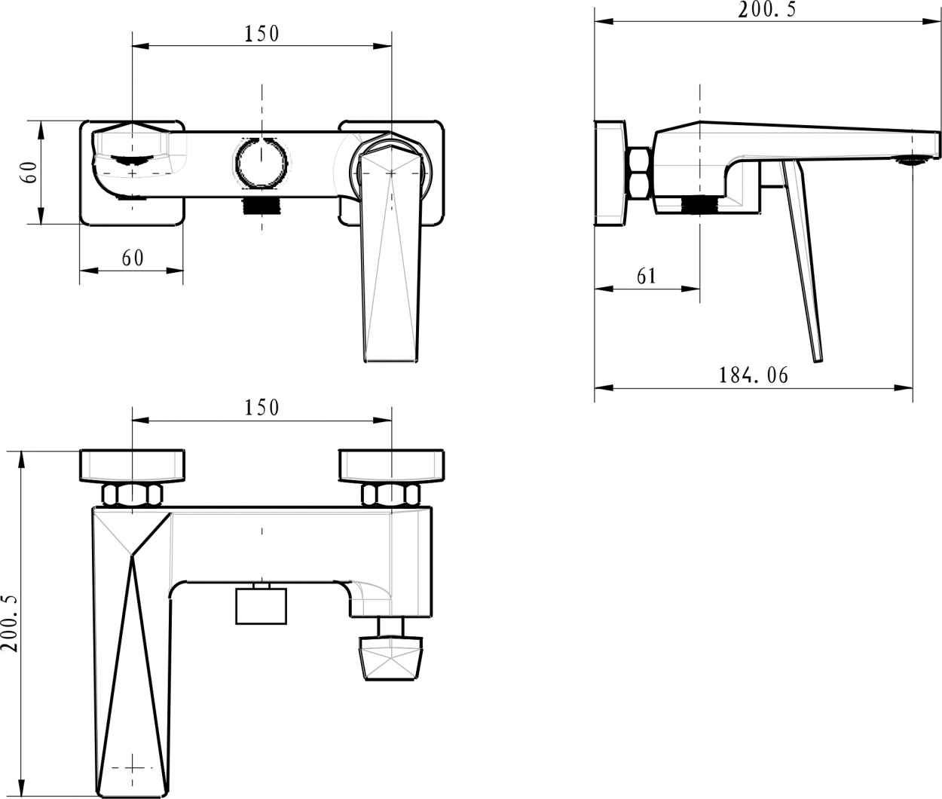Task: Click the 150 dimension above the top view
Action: [261, 34]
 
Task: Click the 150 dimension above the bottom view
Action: [261, 408]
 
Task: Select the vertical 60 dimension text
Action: [30, 173]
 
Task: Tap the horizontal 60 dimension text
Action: [133, 258]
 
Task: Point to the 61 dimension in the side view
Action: [647, 276]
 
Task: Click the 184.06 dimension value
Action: [753, 375]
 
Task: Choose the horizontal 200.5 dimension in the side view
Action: [766, 10]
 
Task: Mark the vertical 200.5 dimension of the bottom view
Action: [10, 624]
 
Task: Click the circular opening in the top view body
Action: [261, 161]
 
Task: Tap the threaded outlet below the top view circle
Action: [261, 206]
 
